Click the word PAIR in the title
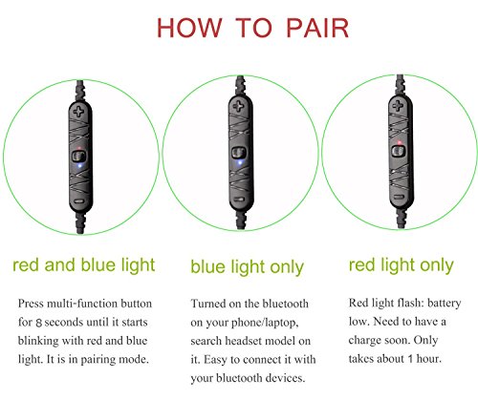317,28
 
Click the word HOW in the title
189,28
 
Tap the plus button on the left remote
78,111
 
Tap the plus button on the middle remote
239,106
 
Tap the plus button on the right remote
398,105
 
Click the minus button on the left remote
78,201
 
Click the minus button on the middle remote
239,200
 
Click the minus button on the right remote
398,198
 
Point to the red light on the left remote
79,148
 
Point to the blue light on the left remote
79,165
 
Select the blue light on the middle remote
240,162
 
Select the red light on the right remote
399,142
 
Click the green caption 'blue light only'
247,266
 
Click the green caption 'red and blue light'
84,264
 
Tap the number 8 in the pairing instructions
39,323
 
